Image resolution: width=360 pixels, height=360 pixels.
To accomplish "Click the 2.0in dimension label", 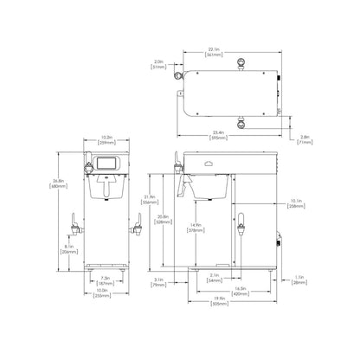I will (158, 63).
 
